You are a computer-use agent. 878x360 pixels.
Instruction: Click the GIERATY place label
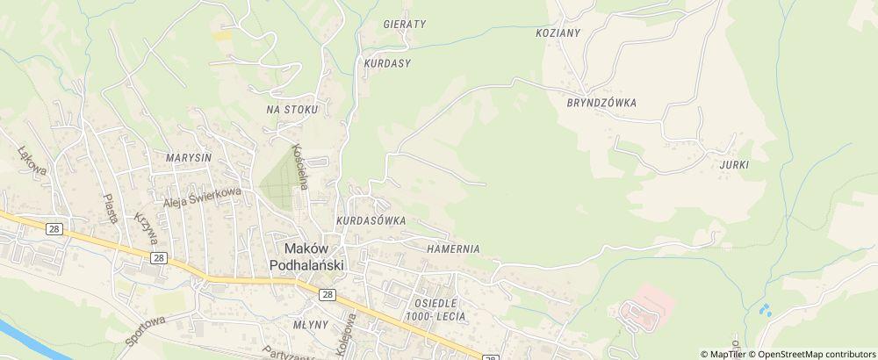(x=404, y=25)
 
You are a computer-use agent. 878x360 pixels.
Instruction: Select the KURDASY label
(x=386, y=64)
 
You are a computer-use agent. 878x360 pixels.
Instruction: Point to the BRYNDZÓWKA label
(x=601, y=103)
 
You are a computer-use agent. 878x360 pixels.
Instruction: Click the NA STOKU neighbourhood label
(x=292, y=110)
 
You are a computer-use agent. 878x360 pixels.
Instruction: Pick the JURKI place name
(x=733, y=165)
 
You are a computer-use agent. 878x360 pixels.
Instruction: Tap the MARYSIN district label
(x=188, y=158)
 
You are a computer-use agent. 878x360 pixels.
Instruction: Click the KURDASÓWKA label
(x=370, y=221)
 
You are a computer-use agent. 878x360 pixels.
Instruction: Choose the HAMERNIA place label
(x=453, y=248)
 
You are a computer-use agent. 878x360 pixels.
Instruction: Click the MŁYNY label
(x=311, y=324)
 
